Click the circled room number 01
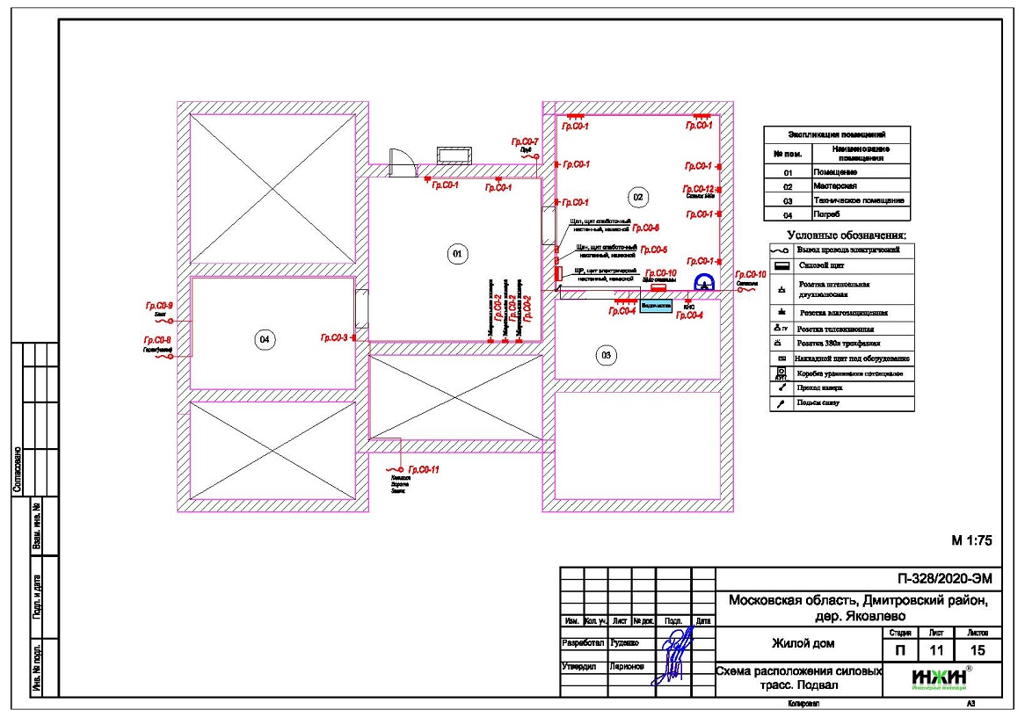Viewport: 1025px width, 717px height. point(456,255)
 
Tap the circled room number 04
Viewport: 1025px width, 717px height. point(262,339)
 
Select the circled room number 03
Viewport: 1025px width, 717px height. point(605,355)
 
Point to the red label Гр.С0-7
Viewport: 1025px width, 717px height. point(525,141)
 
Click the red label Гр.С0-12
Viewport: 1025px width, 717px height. point(698,189)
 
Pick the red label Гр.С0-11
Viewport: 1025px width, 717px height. point(423,470)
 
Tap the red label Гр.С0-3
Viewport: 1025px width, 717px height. point(334,337)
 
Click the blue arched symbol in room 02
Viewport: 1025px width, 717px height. point(704,283)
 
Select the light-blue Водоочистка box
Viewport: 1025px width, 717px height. point(655,306)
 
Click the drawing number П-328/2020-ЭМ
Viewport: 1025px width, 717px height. point(948,578)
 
